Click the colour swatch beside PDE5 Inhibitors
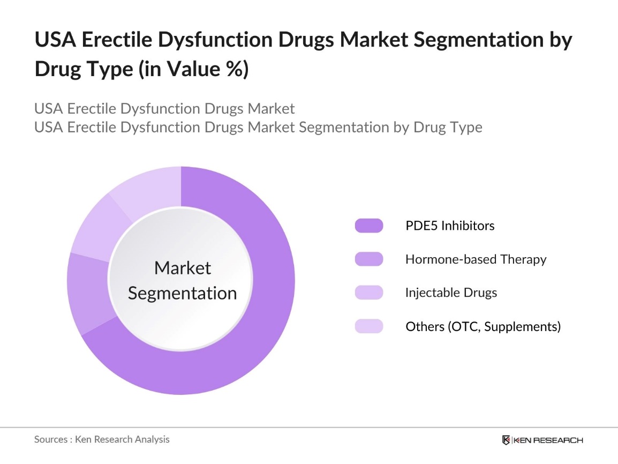click(x=368, y=226)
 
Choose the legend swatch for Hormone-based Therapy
click(x=368, y=259)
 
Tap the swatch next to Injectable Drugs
click(x=368, y=293)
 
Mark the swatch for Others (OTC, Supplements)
click(x=368, y=326)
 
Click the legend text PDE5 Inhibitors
click(x=450, y=226)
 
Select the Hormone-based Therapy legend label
click(x=476, y=259)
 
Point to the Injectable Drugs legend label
click(x=451, y=293)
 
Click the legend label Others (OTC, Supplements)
click(x=483, y=326)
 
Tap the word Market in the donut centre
click(x=183, y=268)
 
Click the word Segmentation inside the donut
click(x=183, y=294)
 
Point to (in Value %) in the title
click(x=193, y=70)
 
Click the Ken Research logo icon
click(x=506, y=440)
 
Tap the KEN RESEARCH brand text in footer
click(x=548, y=440)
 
